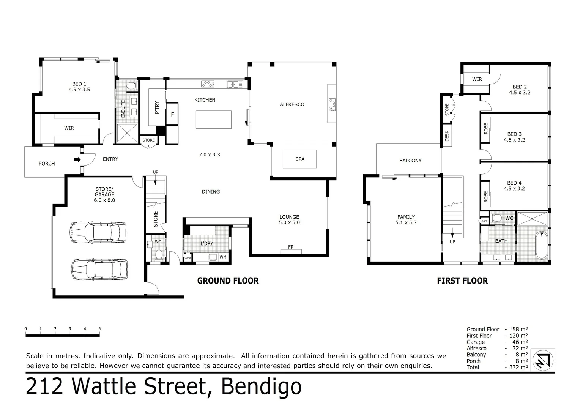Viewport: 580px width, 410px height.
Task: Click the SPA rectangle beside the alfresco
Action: (299, 159)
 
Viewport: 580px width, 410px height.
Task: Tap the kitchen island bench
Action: (214, 120)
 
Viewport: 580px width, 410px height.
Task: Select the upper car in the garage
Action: (98, 231)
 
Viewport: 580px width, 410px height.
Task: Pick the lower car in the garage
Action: (99, 269)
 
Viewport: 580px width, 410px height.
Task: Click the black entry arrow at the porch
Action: (77, 160)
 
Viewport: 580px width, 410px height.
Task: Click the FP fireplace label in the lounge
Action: (291, 247)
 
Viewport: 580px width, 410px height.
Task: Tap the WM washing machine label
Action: (223, 257)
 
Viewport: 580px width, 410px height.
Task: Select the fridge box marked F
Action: (172, 114)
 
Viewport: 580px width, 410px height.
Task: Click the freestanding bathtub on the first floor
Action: (541, 246)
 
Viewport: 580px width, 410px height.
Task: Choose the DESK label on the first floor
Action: (447, 136)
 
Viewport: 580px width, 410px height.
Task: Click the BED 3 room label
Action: (514, 134)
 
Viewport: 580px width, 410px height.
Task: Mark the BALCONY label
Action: (410, 161)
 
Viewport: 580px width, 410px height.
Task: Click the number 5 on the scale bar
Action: (99, 329)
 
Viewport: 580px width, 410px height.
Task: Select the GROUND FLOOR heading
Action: (228, 281)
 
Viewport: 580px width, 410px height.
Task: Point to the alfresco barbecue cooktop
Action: (332, 105)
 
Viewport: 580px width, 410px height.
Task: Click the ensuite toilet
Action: (131, 86)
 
